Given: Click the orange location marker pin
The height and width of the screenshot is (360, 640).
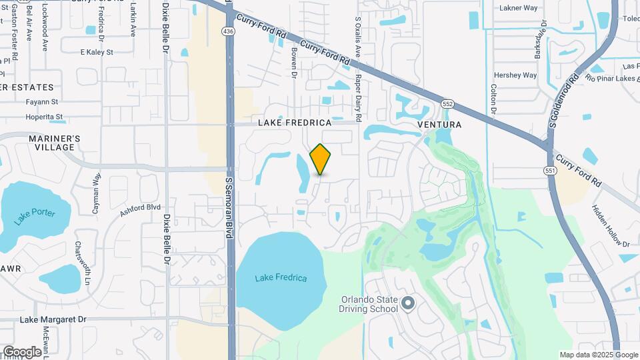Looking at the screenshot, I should tap(321, 159).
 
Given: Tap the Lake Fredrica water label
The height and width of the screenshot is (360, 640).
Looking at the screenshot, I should tap(281, 277).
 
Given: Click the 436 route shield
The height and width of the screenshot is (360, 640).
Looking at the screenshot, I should tap(229, 31).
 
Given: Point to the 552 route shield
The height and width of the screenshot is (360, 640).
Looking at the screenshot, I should tap(447, 104).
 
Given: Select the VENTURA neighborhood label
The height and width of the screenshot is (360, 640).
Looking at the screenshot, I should tap(439, 125).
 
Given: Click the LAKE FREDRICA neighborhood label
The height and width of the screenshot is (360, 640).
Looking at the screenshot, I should tap(295, 123).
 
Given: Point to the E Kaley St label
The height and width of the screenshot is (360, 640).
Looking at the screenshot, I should tap(97, 51).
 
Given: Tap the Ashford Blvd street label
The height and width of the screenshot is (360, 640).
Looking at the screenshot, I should tap(141, 211).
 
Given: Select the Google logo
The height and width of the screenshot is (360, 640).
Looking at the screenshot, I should tap(21, 351).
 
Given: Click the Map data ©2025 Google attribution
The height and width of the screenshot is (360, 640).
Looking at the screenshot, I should tap(599, 355).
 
